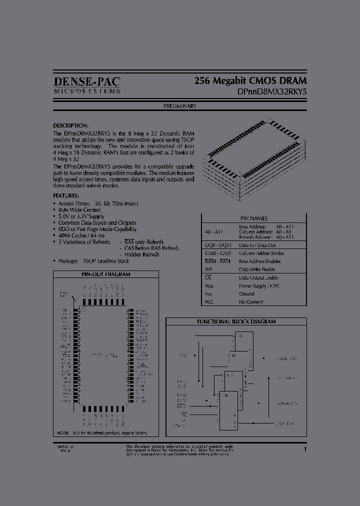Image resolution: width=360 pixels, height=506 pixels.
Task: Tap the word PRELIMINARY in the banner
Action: coord(179,106)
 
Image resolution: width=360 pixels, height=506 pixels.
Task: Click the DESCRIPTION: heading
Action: coord(70,125)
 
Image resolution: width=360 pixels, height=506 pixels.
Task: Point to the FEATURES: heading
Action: coord(66,195)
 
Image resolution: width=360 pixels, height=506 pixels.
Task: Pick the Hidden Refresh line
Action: coord(139,254)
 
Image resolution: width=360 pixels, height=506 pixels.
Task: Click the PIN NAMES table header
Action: coord(253,218)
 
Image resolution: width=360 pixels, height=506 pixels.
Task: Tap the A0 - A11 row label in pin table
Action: coord(212,231)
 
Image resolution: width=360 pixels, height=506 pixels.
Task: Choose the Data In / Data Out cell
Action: coord(257,245)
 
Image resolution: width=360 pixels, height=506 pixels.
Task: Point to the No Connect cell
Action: coord(250,302)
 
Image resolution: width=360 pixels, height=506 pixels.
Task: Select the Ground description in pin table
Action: coord(246,294)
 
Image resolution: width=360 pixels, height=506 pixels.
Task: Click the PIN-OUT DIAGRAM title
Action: coord(105,274)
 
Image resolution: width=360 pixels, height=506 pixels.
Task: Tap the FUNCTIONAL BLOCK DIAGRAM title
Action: coord(236,322)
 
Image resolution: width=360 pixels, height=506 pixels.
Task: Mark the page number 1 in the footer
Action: coord(304,449)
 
